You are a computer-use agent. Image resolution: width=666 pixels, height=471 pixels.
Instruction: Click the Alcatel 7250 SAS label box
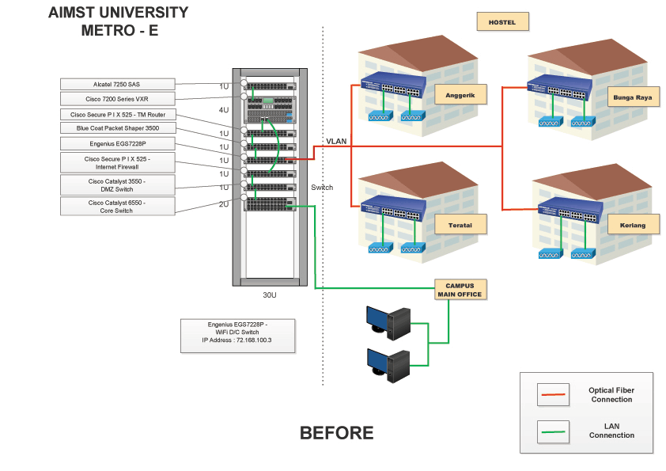[117, 84]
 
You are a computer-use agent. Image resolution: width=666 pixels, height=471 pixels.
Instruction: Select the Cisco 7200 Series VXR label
[117, 99]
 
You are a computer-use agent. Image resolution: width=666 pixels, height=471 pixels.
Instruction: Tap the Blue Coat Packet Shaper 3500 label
[117, 128]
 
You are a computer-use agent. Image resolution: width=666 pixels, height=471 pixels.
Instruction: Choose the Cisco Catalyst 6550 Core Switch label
[117, 207]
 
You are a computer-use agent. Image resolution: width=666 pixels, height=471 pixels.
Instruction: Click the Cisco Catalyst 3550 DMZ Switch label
[117, 185]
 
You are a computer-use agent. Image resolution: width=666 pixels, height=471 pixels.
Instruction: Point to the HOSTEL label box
[502, 22]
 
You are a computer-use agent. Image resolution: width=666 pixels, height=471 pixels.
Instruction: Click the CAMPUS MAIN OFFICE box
[460, 290]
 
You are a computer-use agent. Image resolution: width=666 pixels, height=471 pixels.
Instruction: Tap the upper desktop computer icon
[388, 318]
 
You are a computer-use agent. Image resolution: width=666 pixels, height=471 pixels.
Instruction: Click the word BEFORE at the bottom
[336, 433]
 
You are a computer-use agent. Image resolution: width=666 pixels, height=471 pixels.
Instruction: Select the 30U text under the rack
[270, 294]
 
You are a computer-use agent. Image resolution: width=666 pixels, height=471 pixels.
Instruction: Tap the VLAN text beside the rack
[336, 141]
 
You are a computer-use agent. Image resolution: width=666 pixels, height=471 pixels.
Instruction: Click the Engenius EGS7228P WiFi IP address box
[237, 336]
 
